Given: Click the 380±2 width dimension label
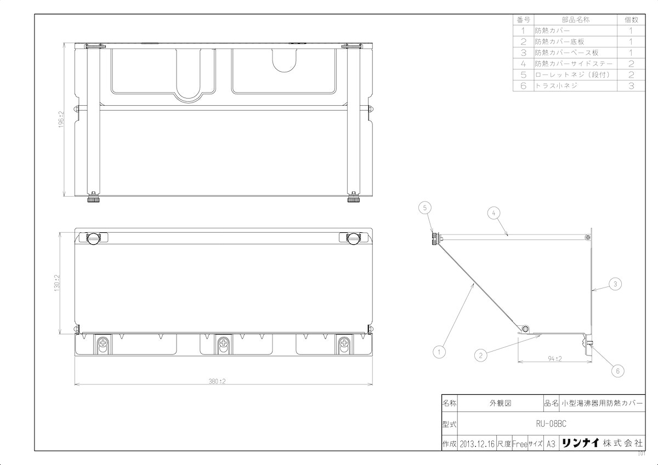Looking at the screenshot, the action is pyautogui.click(x=217, y=381).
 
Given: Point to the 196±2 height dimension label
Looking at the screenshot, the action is pyautogui.click(x=61, y=119).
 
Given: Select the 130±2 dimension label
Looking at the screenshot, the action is pyautogui.click(x=57, y=283).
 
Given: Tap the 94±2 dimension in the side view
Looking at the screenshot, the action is pyautogui.click(x=555, y=359).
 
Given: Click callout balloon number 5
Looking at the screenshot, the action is pyautogui.click(x=425, y=208).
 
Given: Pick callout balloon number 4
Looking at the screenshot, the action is pyautogui.click(x=493, y=213).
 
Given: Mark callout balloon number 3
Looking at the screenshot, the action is pyautogui.click(x=615, y=284).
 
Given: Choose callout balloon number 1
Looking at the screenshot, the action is pyautogui.click(x=439, y=352).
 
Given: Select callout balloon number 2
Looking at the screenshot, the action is pyautogui.click(x=480, y=355).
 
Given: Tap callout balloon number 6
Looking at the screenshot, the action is pyautogui.click(x=618, y=371).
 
